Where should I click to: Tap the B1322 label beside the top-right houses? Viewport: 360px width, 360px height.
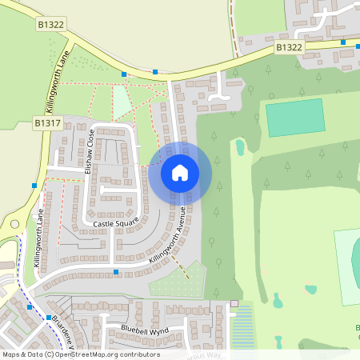click(289, 48)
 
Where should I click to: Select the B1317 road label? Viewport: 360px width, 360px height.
click(46, 123)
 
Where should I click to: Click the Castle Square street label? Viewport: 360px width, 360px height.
click(115, 222)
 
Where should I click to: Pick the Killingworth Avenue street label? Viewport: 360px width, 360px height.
click(167, 235)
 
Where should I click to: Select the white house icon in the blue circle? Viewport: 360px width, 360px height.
click(180, 171)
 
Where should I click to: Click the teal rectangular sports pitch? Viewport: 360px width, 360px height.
click(295, 118)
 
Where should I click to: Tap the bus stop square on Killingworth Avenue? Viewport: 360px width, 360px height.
click(116, 273)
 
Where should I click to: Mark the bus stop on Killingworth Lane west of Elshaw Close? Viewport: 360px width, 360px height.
click(34, 185)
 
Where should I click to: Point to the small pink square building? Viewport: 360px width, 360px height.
click(234, 303)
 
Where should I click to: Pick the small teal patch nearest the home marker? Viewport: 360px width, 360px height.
click(240, 147)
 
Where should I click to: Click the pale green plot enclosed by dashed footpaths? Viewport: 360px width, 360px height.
click(122, 102)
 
